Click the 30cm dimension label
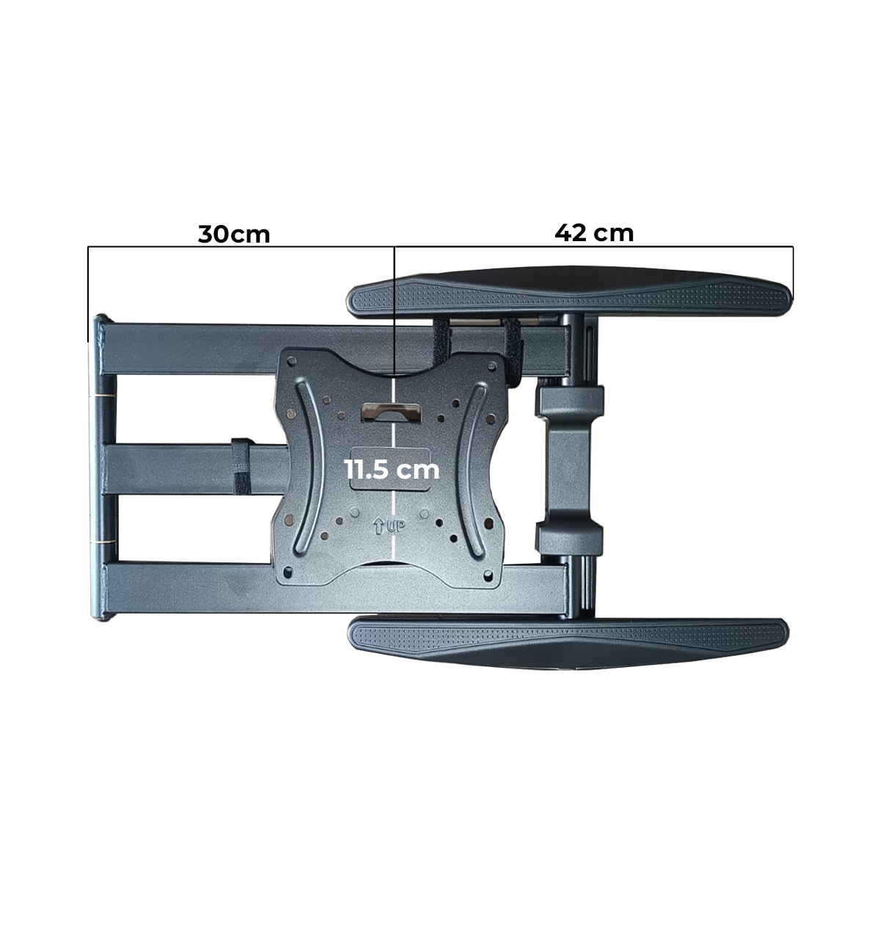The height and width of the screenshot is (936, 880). coord(234,234)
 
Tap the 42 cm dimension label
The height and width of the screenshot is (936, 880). coord(593,232)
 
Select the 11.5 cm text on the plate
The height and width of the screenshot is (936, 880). coord(392,469)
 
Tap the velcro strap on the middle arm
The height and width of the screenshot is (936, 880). coord(240,467)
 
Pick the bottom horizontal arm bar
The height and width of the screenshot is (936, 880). coord(183,589)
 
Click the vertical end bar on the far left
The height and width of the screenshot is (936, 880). coord(98,469)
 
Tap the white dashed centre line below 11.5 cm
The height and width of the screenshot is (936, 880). coord(395,528)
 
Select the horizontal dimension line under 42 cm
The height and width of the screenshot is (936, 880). coord(593,247)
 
